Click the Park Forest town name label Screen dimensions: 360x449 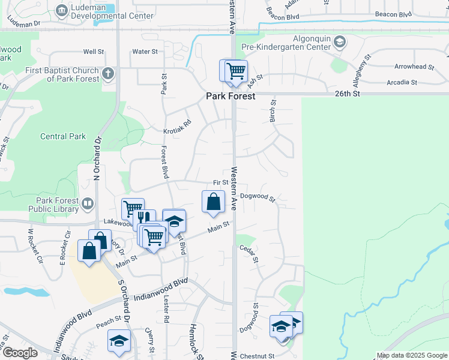[231, 96]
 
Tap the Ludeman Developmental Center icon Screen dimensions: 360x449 [62, 10]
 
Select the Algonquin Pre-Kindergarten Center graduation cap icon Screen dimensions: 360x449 [340, 41]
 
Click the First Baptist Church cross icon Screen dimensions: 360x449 [108, 74]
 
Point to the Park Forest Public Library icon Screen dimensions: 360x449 [88, 204]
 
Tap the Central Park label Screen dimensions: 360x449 [63, 137]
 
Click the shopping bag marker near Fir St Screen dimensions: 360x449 [213, 203]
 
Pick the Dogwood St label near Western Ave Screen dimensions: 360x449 [257, 196]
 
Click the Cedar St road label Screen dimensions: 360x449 [255, 253]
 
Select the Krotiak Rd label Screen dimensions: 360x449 [177, 126]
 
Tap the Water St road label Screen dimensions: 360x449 [145, 52]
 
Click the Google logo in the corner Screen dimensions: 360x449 [20, 353]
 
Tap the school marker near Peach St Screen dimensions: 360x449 [119, 341]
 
